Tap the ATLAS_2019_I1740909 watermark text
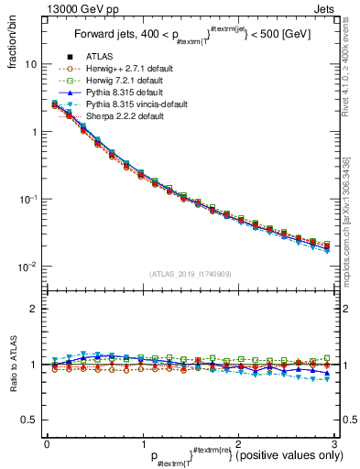tap(190, 273)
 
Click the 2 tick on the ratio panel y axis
tap(34, 309)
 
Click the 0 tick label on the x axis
tap(47, 443)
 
